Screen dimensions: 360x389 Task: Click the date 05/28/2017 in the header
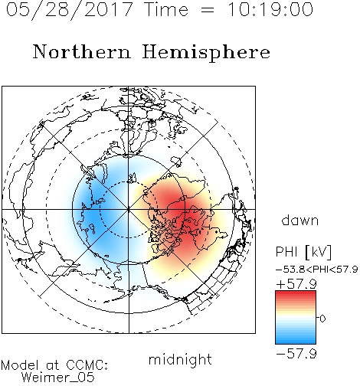(x=70, y=10)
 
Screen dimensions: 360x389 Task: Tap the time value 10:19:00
(x=270, y=9)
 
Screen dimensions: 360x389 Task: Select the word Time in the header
(x=166, y=9)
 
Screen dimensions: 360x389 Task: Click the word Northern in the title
(x=82, y=51)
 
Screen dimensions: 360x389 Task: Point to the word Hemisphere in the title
(x=206, y=53)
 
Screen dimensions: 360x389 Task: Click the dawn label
(x=300, y=221)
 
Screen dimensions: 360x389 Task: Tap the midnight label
(x=180, y=359)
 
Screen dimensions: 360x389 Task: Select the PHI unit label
(x=286, y=252)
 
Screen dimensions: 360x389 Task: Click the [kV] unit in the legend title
(x=318, y=252)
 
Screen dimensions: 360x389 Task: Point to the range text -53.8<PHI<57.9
(x=317, y=270)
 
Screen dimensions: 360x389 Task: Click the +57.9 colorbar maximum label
(x=296, y=284)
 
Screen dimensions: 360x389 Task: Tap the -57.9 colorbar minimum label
(x=296, y=354)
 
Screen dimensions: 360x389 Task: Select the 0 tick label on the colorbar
(x=322, y=319)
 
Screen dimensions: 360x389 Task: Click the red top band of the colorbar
(x=296, y=295)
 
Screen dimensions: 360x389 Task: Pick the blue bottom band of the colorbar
(x=296, y=340)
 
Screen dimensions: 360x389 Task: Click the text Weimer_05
(x=58, y=377)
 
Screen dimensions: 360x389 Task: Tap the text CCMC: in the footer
(x=87, y=365)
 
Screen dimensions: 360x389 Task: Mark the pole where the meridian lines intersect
(x=129, y=209)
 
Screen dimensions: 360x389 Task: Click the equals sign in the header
(x=208, y=10)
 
